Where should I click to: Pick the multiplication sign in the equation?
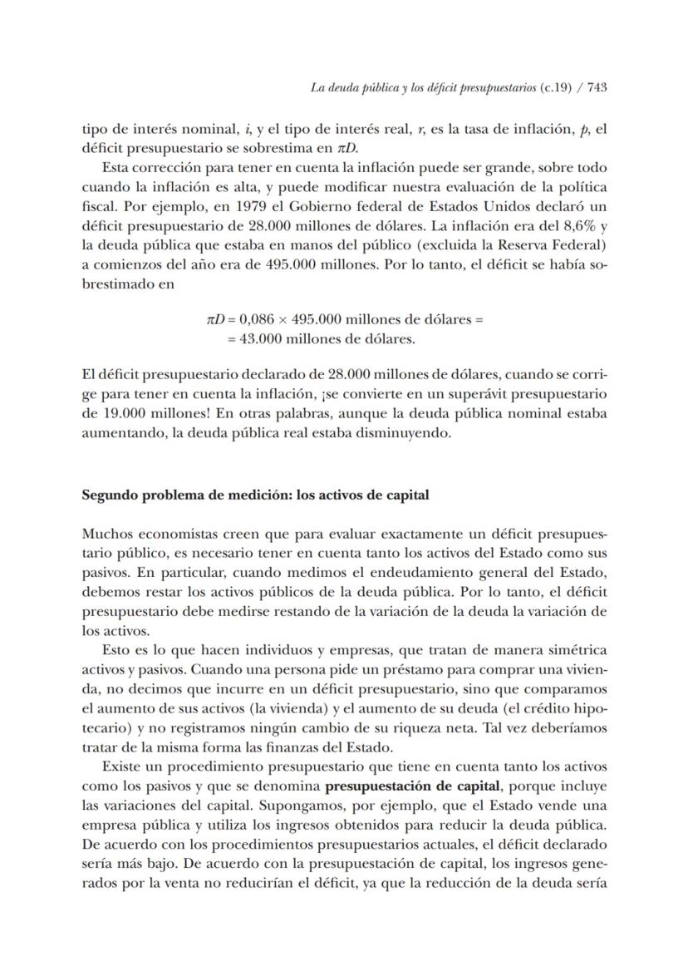click(288, 318)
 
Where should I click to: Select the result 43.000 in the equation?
click(262, 338)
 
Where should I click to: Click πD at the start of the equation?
click(215, 318)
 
